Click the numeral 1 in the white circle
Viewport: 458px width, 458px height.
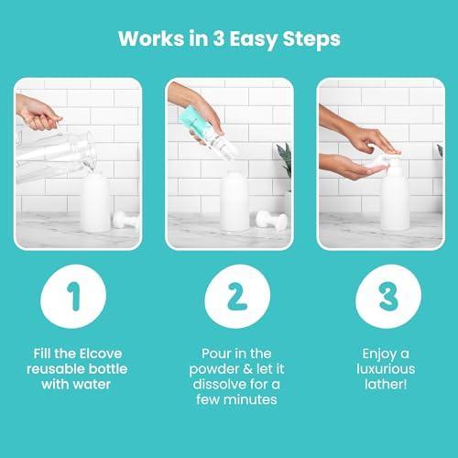click(x=74, y=296)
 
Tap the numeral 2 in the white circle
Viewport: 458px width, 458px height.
click(x=237, y=296)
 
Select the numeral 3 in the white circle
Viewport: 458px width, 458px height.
click(x=388, y=296)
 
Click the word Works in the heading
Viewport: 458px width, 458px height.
click(x=151, y=39)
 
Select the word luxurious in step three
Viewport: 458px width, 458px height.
click(x=386, y=369)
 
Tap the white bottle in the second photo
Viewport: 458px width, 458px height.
click(x=234, y=201)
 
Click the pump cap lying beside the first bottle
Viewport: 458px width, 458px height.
click(x=125, y=219)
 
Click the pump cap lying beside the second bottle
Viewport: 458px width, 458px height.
click(x=272, y=219)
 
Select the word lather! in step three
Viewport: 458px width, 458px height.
click(x=386, y=385)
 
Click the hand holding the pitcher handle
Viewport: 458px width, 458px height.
click(x=38, y=113)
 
